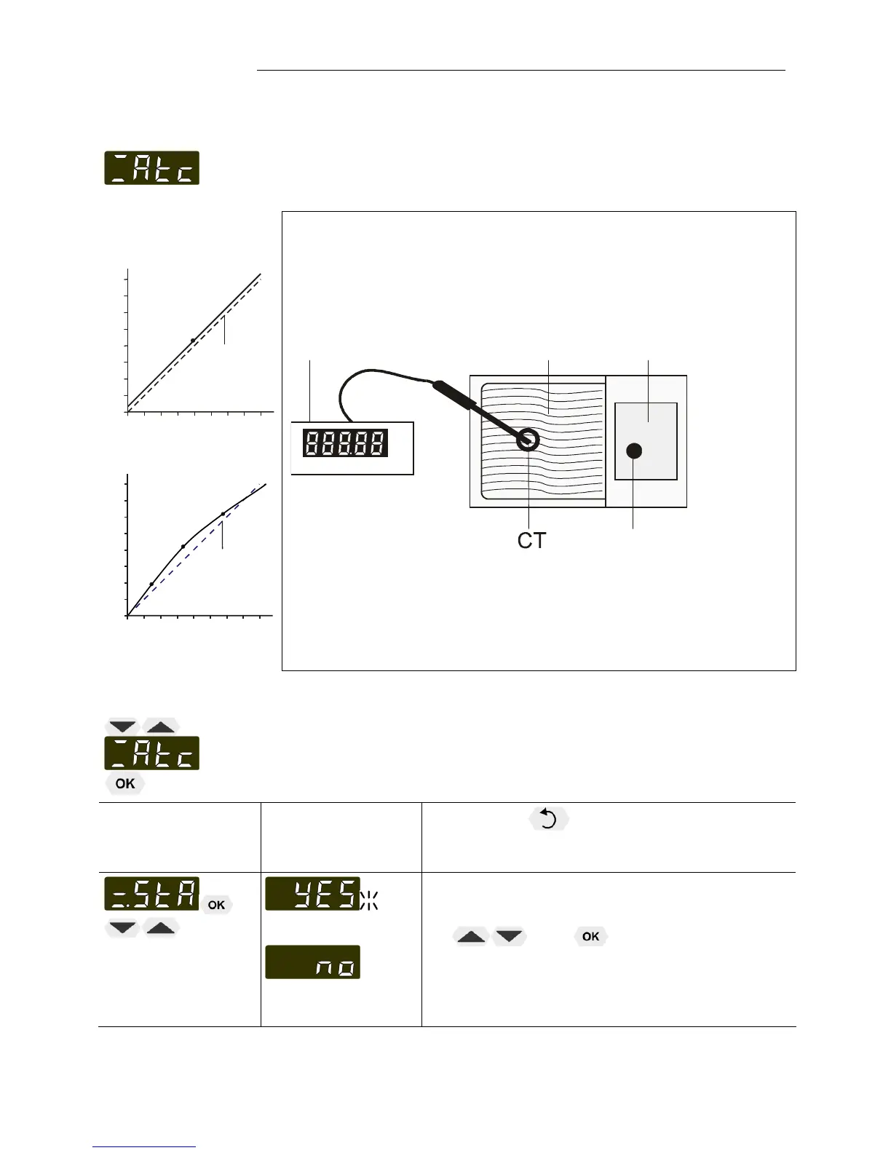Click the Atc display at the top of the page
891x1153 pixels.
tap(151, 167)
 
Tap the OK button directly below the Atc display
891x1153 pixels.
tap(125, 784)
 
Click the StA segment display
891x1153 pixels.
tap(151, 894)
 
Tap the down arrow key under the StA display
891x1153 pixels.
tap(122, 928)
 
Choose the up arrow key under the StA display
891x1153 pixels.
tap(161, 928)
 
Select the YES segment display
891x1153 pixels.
tap(312, 894)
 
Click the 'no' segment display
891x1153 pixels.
tap(312, 962)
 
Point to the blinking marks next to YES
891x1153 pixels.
tap(369, 900)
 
